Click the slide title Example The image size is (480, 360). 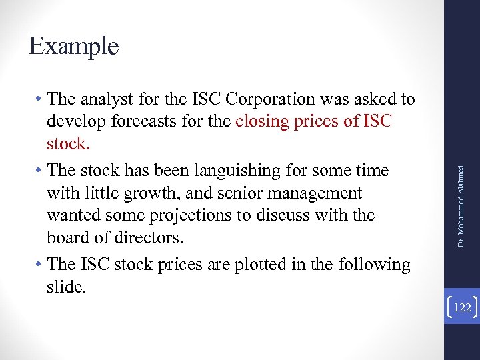tap(74, 47)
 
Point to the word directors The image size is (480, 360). tap(152, 239)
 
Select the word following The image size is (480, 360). tap(372, 265)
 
